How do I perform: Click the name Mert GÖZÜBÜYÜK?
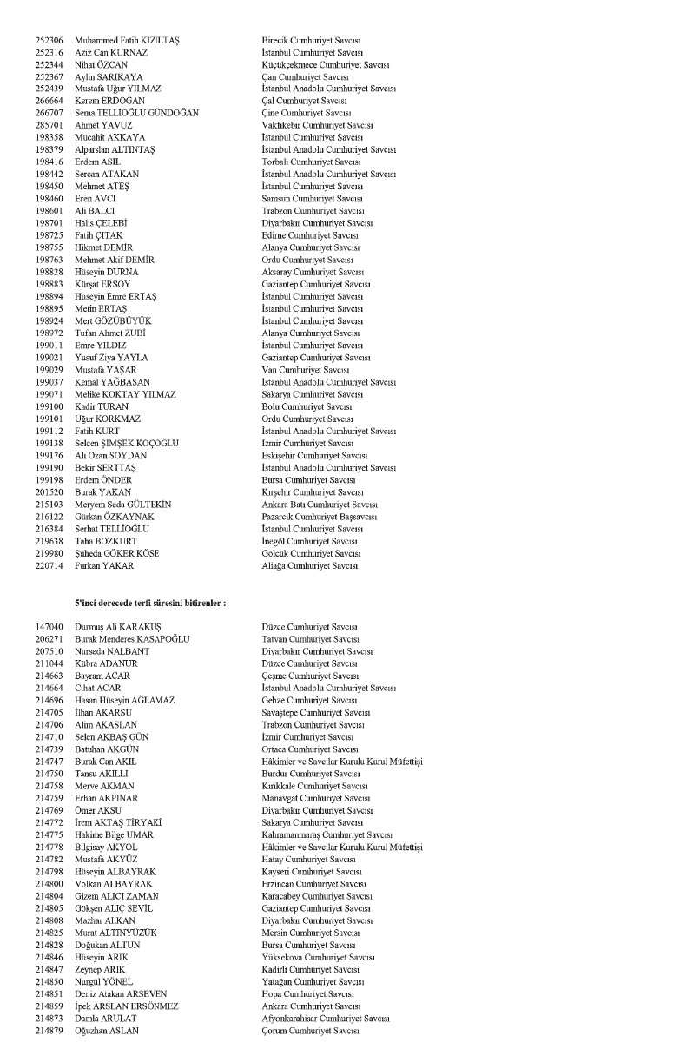point(113,320)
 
